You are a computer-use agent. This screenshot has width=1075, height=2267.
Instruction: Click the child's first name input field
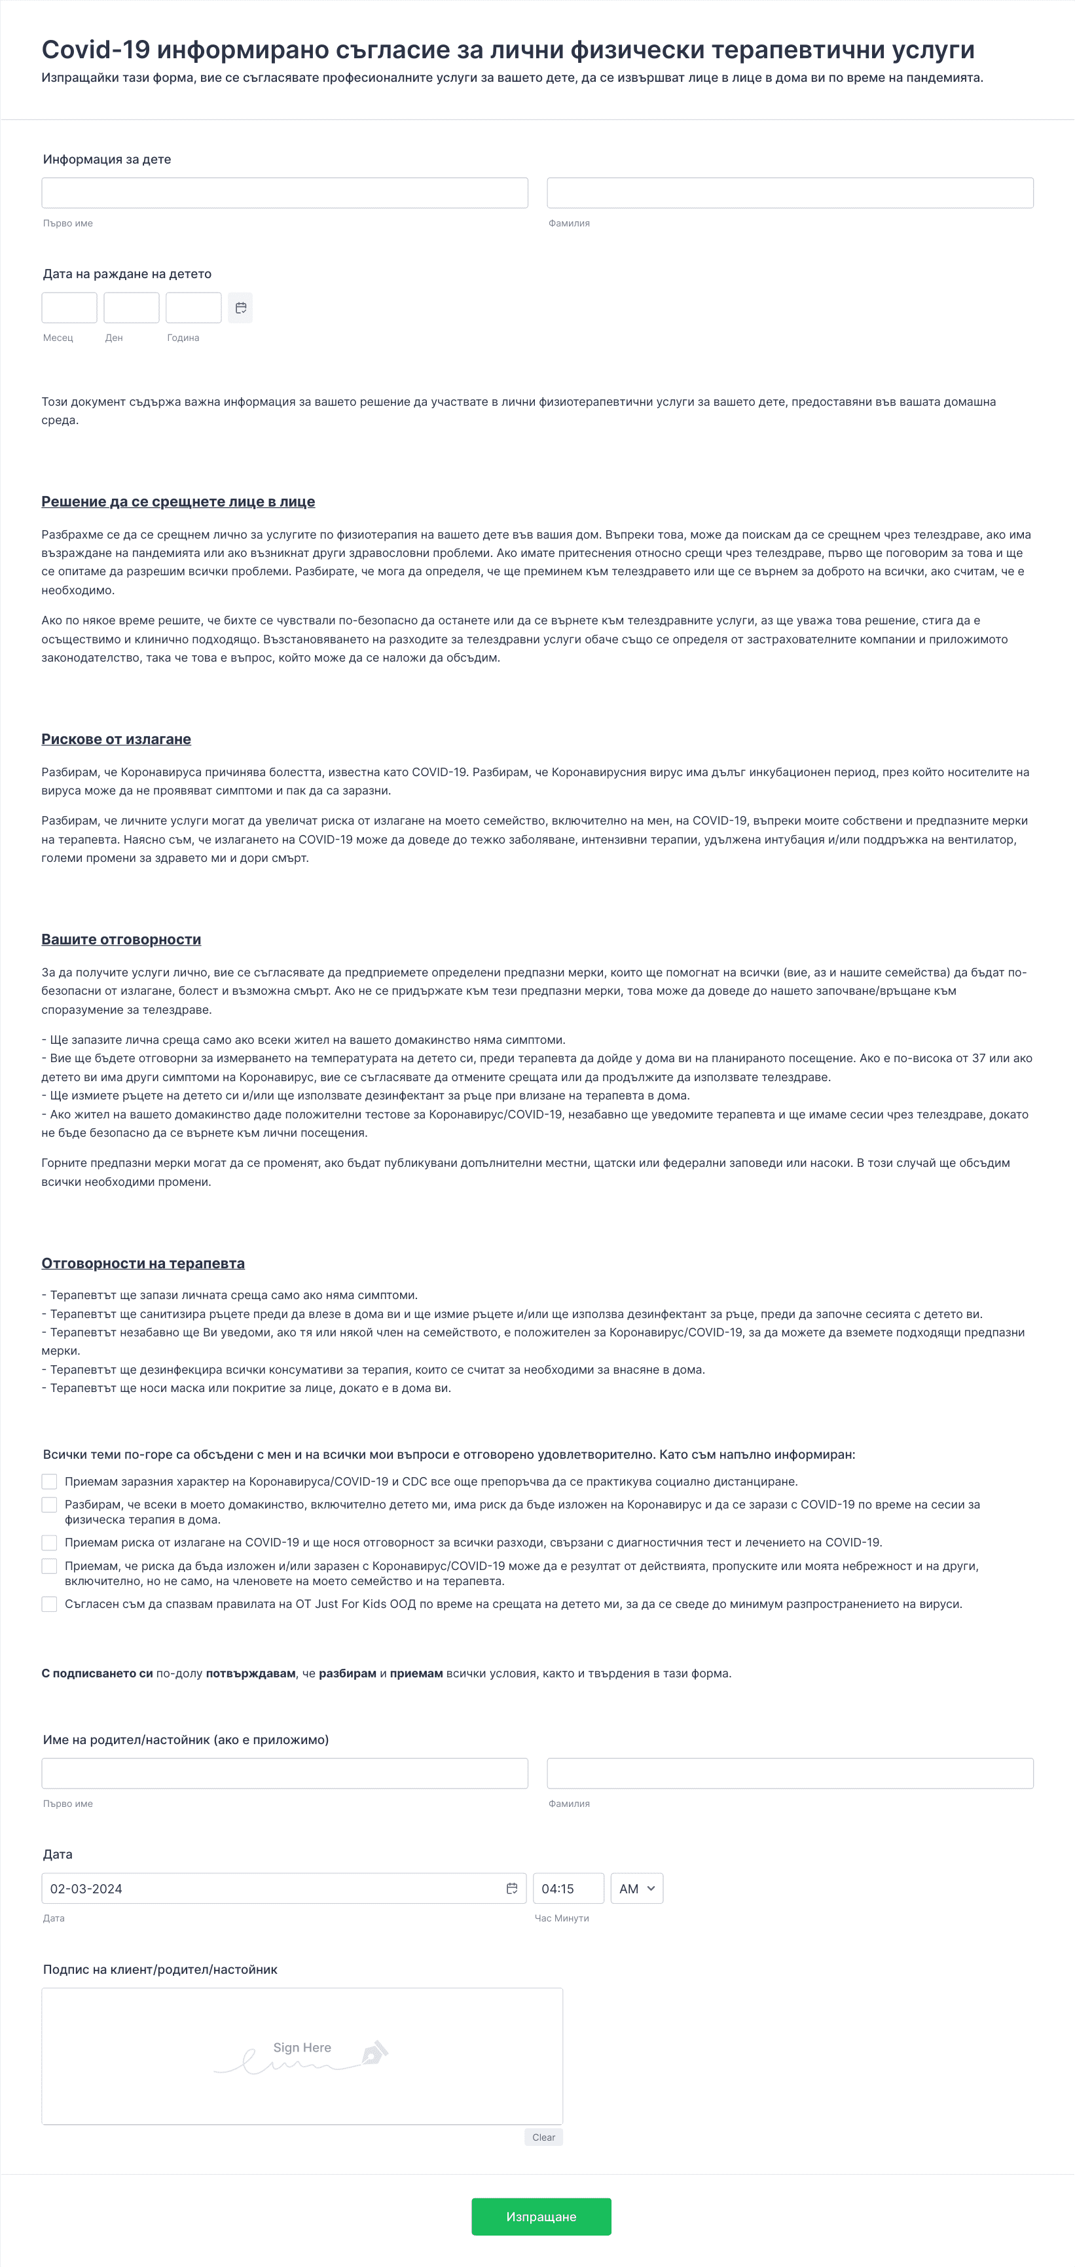click(284, 192)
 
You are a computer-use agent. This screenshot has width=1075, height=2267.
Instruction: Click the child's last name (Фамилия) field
click(790, 192)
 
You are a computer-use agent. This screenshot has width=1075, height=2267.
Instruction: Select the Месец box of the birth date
click(69, 308)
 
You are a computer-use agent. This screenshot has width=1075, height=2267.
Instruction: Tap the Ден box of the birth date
click(131, 308)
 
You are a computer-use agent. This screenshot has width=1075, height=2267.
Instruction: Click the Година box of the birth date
click(194, 308)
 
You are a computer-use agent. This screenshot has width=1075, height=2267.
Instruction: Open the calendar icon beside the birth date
click(240, 308)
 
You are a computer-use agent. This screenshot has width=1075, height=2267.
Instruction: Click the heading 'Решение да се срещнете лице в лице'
click(178, 501)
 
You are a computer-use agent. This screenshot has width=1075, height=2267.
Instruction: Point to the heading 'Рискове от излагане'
click(117, 740)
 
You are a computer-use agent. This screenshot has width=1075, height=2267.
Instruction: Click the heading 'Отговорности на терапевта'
click(143, 1263)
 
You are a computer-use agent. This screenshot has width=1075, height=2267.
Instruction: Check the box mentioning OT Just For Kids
click(49, 1603)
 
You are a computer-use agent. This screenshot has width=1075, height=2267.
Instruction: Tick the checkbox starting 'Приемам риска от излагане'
click(49, 1542)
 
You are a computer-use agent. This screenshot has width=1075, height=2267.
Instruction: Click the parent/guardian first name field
click(284, 1774)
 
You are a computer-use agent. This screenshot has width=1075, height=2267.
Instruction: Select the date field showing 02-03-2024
click(273, 1889)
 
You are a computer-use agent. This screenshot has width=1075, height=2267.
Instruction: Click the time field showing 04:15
click(568, 1889)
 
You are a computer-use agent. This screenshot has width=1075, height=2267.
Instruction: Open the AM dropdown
click(636, 1889)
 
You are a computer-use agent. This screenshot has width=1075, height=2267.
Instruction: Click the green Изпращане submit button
click(541, 2216)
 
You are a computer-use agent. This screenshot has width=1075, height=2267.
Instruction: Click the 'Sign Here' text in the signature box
click(302, 2047)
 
